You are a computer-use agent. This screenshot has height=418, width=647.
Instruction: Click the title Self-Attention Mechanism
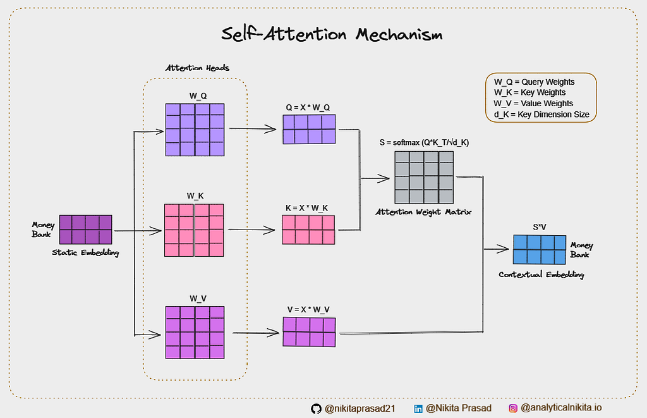click(332, 34)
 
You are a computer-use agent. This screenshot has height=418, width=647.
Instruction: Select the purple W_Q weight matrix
click(195, 130)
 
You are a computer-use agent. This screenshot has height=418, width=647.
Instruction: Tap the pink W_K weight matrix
click(194, 230)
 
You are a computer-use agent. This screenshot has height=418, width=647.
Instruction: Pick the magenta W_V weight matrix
click(195, 333)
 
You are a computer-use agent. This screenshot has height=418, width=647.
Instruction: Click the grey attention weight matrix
click(424, 177)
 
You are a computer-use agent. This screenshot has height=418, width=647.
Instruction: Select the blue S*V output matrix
click(540, 250)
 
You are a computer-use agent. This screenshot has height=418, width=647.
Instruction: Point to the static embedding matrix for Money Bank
click(85, 230)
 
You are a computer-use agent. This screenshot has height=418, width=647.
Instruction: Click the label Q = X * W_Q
click(308, 108)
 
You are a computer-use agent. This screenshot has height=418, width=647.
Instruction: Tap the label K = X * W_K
click(306, 208)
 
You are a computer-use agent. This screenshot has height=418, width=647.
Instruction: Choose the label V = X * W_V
click(308, 309)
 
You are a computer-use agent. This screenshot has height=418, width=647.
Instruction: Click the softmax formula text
click(424, 142)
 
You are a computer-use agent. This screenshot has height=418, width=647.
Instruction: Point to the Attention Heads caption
click(197, 68)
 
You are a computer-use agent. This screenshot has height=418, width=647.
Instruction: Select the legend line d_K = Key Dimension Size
click(541, 114)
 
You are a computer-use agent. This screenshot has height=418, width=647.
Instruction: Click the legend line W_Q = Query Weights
click(535, 82)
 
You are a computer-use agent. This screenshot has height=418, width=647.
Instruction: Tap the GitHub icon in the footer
click(316, 409)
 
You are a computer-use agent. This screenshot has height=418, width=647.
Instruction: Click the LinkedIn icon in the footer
click(418, 409)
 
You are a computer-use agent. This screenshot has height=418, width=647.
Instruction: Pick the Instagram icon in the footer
click(513, 409)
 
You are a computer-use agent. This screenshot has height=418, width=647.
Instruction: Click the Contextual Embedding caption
click(541, 274)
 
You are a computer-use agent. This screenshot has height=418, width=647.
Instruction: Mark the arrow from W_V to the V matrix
click(256, 333)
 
